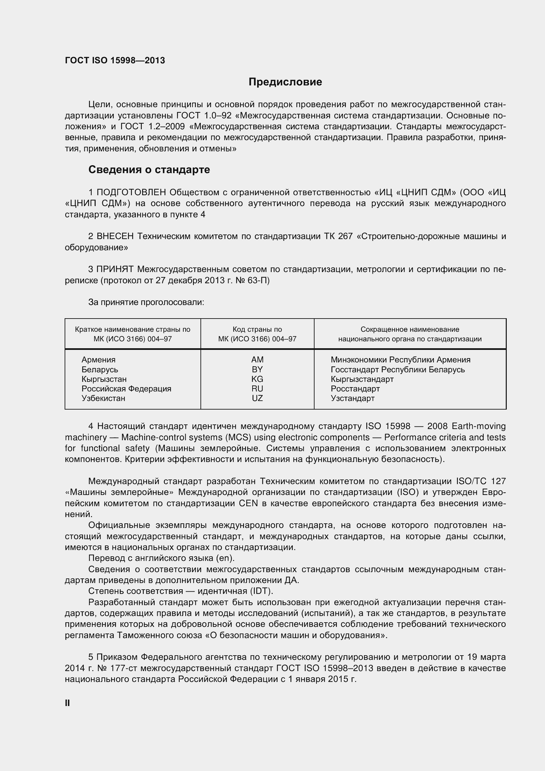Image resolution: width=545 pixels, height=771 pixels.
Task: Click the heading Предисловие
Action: [285, 82]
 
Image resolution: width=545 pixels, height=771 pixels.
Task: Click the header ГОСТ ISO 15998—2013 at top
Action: [115, 60]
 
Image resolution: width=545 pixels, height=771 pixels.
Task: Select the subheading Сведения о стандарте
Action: [149, 170]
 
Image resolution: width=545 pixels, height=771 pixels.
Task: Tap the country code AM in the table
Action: [257, 360]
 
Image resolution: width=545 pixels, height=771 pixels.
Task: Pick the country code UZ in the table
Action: [257, 398]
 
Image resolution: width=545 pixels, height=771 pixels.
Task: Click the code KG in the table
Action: [257, 379]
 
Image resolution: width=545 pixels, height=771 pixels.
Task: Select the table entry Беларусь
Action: [100, 369]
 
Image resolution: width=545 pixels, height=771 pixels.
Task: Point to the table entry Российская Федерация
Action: [126, 389]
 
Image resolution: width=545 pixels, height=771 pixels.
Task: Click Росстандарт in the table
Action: [355, 389]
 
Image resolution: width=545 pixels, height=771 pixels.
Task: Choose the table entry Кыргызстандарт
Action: [362, 379]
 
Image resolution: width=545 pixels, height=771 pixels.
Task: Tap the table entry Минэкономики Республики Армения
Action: [400, 360]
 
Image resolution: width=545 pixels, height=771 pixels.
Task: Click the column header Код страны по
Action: [257, 329]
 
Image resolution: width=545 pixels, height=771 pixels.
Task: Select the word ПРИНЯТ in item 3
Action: [115, 269]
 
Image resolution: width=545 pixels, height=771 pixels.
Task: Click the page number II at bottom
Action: [68, 703]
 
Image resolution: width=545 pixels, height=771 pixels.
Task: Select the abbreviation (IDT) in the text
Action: [261, 591]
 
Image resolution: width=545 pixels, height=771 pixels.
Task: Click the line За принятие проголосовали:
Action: [146, 302]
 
